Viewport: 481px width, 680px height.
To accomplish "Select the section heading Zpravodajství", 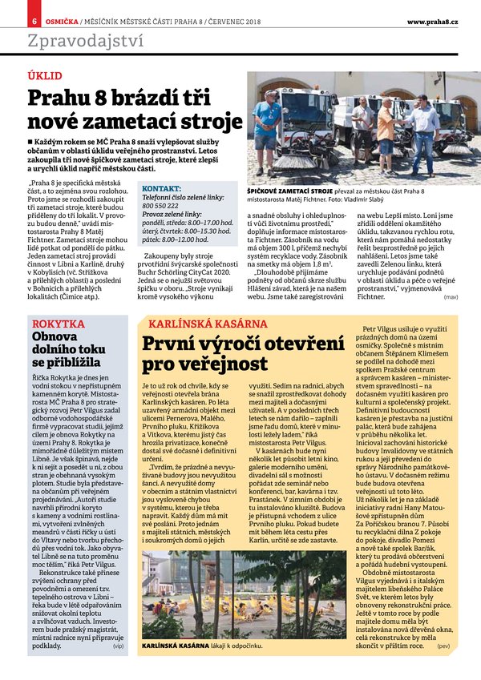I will tap(86, 40).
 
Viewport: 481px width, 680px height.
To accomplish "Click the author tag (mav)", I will tap(451, 297).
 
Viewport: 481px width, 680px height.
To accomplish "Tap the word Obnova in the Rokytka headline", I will tap(55, 337).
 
